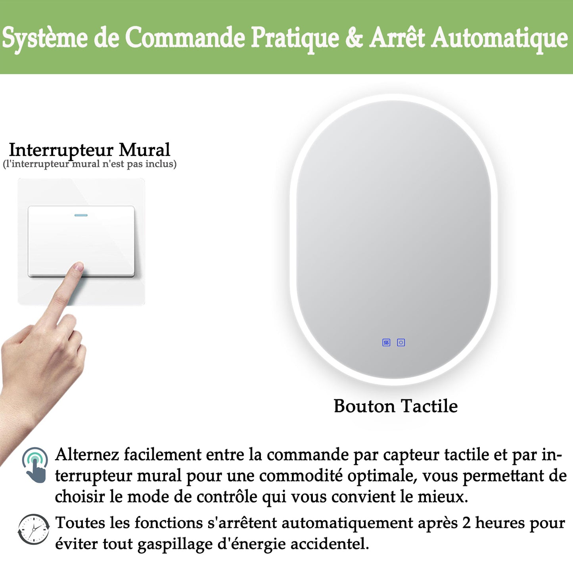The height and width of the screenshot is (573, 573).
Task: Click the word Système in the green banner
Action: click(44, 38)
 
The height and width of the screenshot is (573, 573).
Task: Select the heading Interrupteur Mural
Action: click(90, 150)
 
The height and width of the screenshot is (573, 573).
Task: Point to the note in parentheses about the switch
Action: click(90, 164)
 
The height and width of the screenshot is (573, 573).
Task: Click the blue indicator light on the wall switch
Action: click(81, 215)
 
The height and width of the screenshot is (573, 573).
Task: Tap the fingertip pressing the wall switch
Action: click(78, 267)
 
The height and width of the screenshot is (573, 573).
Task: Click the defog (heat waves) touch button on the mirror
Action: click(386, 343)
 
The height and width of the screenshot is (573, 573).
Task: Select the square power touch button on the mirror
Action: click(401, 343)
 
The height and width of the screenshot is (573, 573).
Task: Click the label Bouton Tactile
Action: click(395, 406)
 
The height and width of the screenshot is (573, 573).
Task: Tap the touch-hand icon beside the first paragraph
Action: click(36, 465)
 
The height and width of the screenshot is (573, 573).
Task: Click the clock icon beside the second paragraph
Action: click(34, 529)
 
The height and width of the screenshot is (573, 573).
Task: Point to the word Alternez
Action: click(87, 454)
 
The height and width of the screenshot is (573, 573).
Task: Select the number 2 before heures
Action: click(466, 523)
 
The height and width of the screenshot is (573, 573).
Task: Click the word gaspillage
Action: click(175, 544)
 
